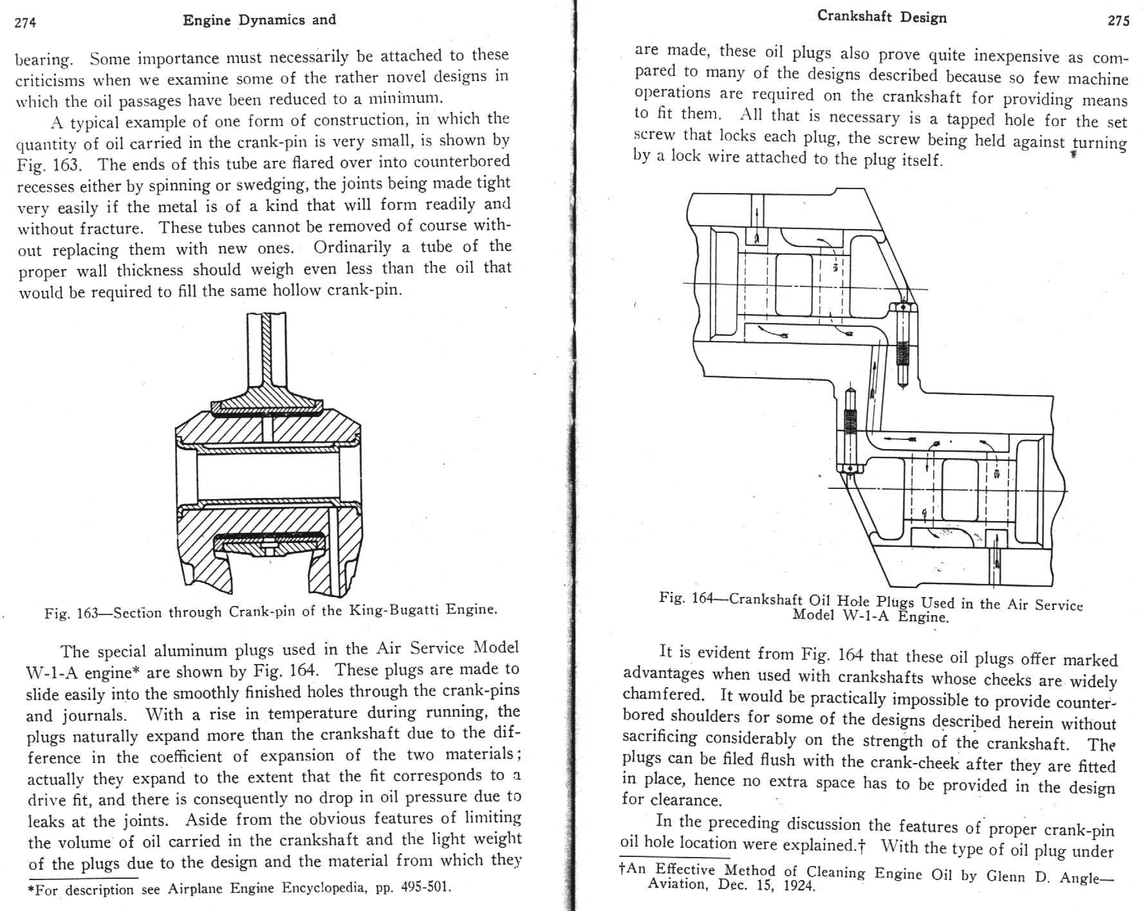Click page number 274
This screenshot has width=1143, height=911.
pos(26,23)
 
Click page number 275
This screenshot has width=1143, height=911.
pos(1119,21)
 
